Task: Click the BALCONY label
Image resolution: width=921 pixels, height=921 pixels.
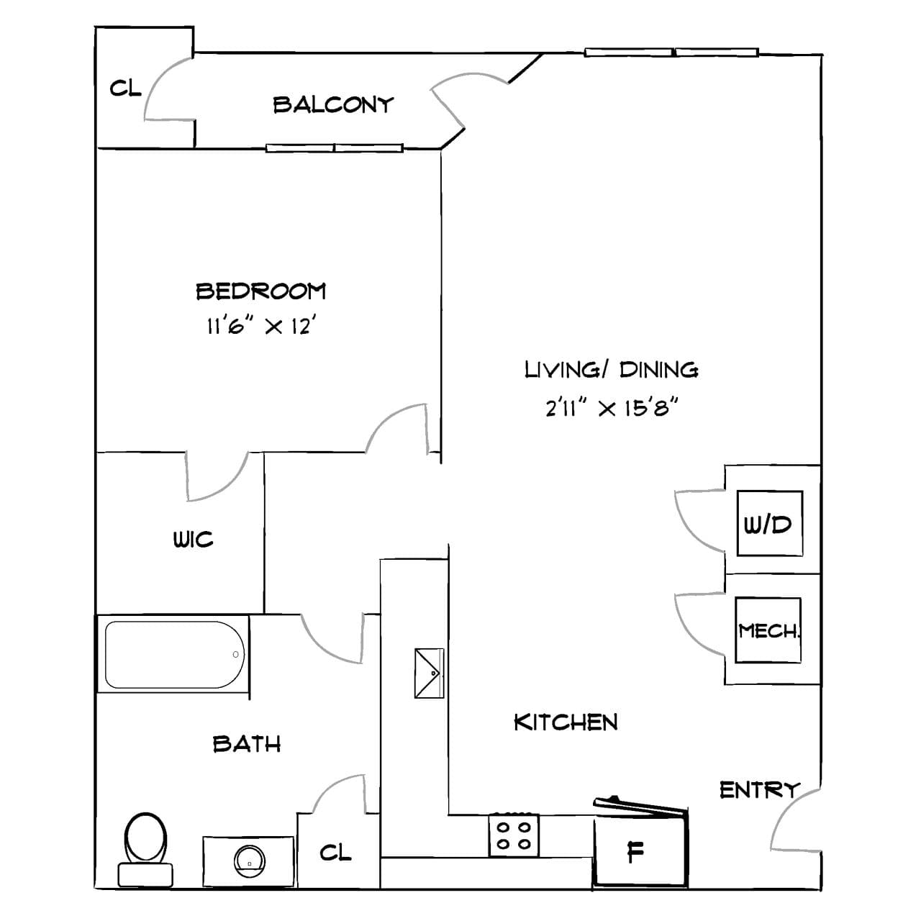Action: coord(333,104)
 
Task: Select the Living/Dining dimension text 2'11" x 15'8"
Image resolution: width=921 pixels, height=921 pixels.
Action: coord(612,408)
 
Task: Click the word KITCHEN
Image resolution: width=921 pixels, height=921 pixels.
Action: coord(566,722)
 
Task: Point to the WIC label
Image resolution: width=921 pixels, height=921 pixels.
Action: coord(193,540)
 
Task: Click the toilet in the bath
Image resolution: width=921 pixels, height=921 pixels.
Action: coord(146,850)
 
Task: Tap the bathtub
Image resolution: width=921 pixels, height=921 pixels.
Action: coord(174,654)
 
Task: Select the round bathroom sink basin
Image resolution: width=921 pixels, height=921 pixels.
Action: coord(250,861)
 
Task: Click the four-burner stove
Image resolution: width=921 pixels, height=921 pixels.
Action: coord(513,835)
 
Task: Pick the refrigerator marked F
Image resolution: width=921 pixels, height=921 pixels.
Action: coord(640,848)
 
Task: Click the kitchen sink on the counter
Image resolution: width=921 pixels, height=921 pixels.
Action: coord(429,673)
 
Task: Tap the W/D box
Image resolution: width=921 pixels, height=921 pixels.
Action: coord(769,523)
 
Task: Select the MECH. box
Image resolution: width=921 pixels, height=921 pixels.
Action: coord(768,630)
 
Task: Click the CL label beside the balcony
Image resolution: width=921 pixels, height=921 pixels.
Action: coord(126,89)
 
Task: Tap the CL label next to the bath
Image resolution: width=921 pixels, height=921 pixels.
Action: coord(335,853)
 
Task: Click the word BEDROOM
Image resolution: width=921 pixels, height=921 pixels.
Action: coord(261,291)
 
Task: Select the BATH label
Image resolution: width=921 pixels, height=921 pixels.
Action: coord(247,744)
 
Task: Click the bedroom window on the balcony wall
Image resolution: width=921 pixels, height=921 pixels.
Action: coord(335,148)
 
